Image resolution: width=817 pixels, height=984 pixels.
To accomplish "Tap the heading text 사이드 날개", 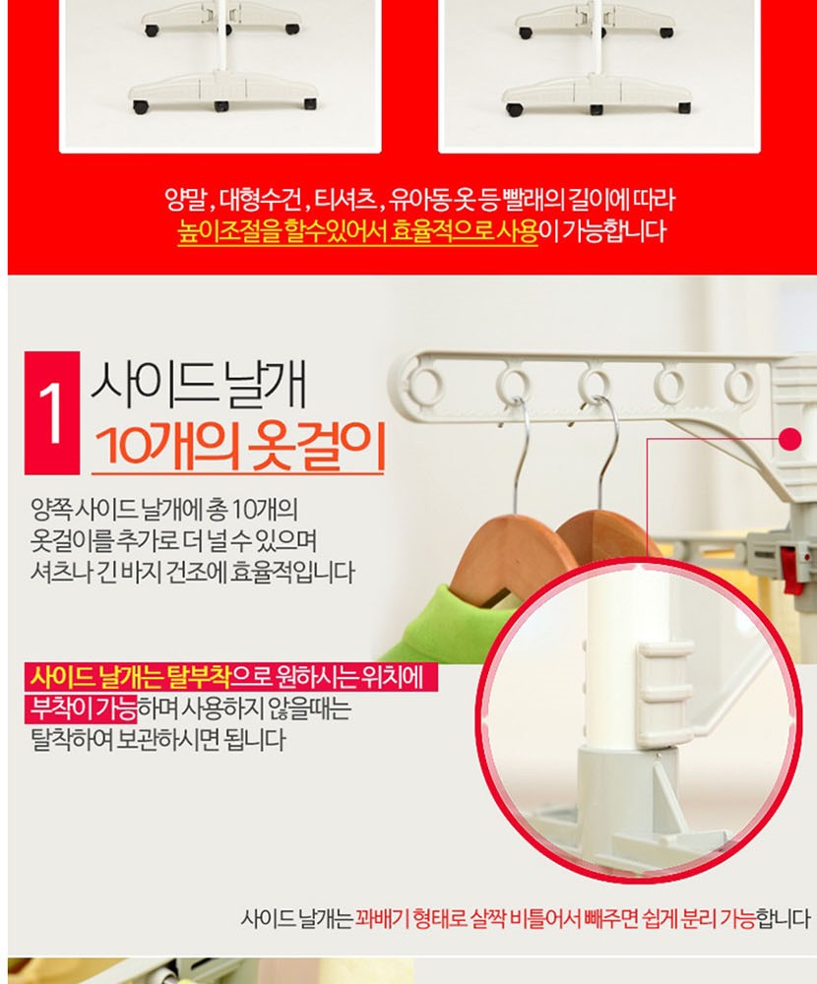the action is point(200,383).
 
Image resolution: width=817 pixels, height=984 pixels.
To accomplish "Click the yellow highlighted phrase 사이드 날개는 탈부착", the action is point(130,677).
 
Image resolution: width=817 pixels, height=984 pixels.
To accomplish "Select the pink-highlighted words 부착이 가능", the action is point(83,708).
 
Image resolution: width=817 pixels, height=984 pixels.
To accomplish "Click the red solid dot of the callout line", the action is point(791,439).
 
